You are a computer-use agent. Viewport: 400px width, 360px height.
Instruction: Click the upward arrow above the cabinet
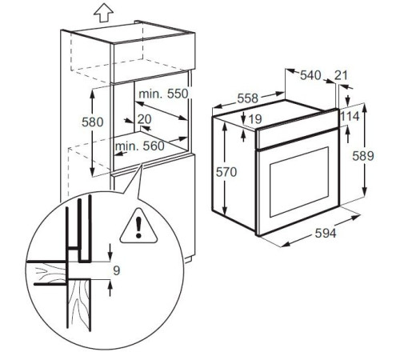[x=101, y=13]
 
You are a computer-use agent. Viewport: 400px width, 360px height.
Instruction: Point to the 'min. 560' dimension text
[x=138, y=146]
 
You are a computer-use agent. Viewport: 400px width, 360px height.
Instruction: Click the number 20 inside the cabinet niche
[x=144, y=119]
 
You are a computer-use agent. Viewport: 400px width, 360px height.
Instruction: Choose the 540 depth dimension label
[x=310, y=75]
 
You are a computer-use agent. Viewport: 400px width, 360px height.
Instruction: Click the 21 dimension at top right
[x=342, y=75]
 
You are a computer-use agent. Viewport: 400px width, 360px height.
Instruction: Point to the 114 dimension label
[x=349, y=116]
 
